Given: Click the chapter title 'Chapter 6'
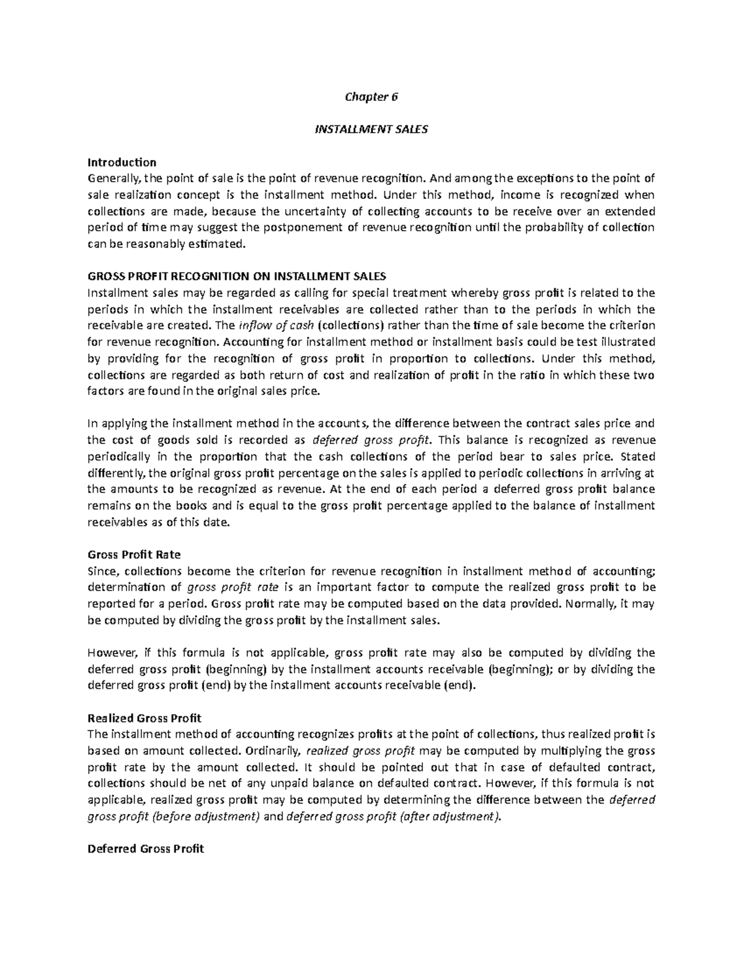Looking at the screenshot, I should [x=372, y=96].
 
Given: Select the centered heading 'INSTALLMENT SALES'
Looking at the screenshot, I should [x=372, y=130].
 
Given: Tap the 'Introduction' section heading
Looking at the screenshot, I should [x=122, y=162].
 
